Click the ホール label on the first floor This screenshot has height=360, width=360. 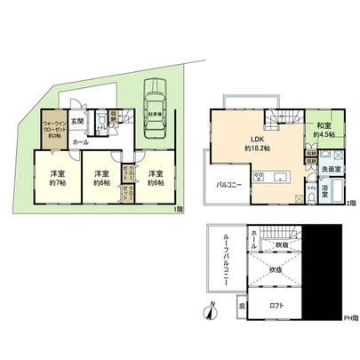tap(79, 142)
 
